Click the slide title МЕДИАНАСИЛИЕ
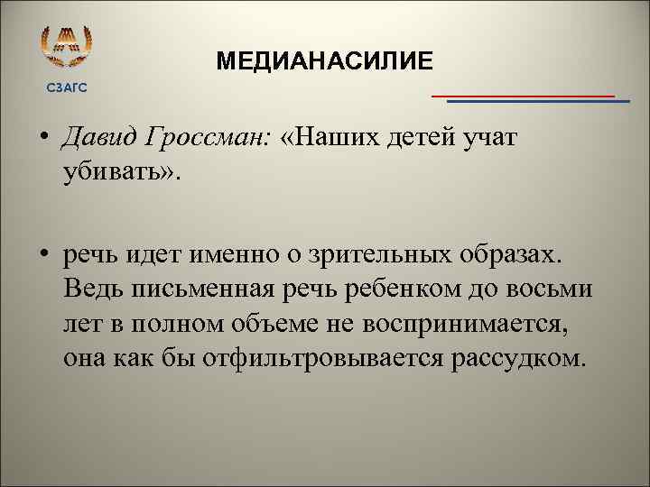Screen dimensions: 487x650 tap(324, 60)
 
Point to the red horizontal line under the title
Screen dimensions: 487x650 tap(523, 95)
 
